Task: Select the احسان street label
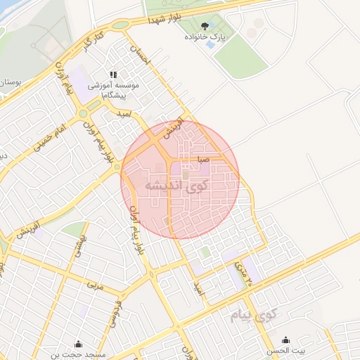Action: tap(140, 62)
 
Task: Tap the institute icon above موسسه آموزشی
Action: tap(112, 75)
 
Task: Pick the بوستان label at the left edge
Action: tap(9, 82)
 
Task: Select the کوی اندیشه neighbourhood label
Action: tap(179, 185)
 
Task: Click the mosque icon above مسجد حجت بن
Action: tap(77, 344)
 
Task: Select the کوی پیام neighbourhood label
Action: tap(255, 315)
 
